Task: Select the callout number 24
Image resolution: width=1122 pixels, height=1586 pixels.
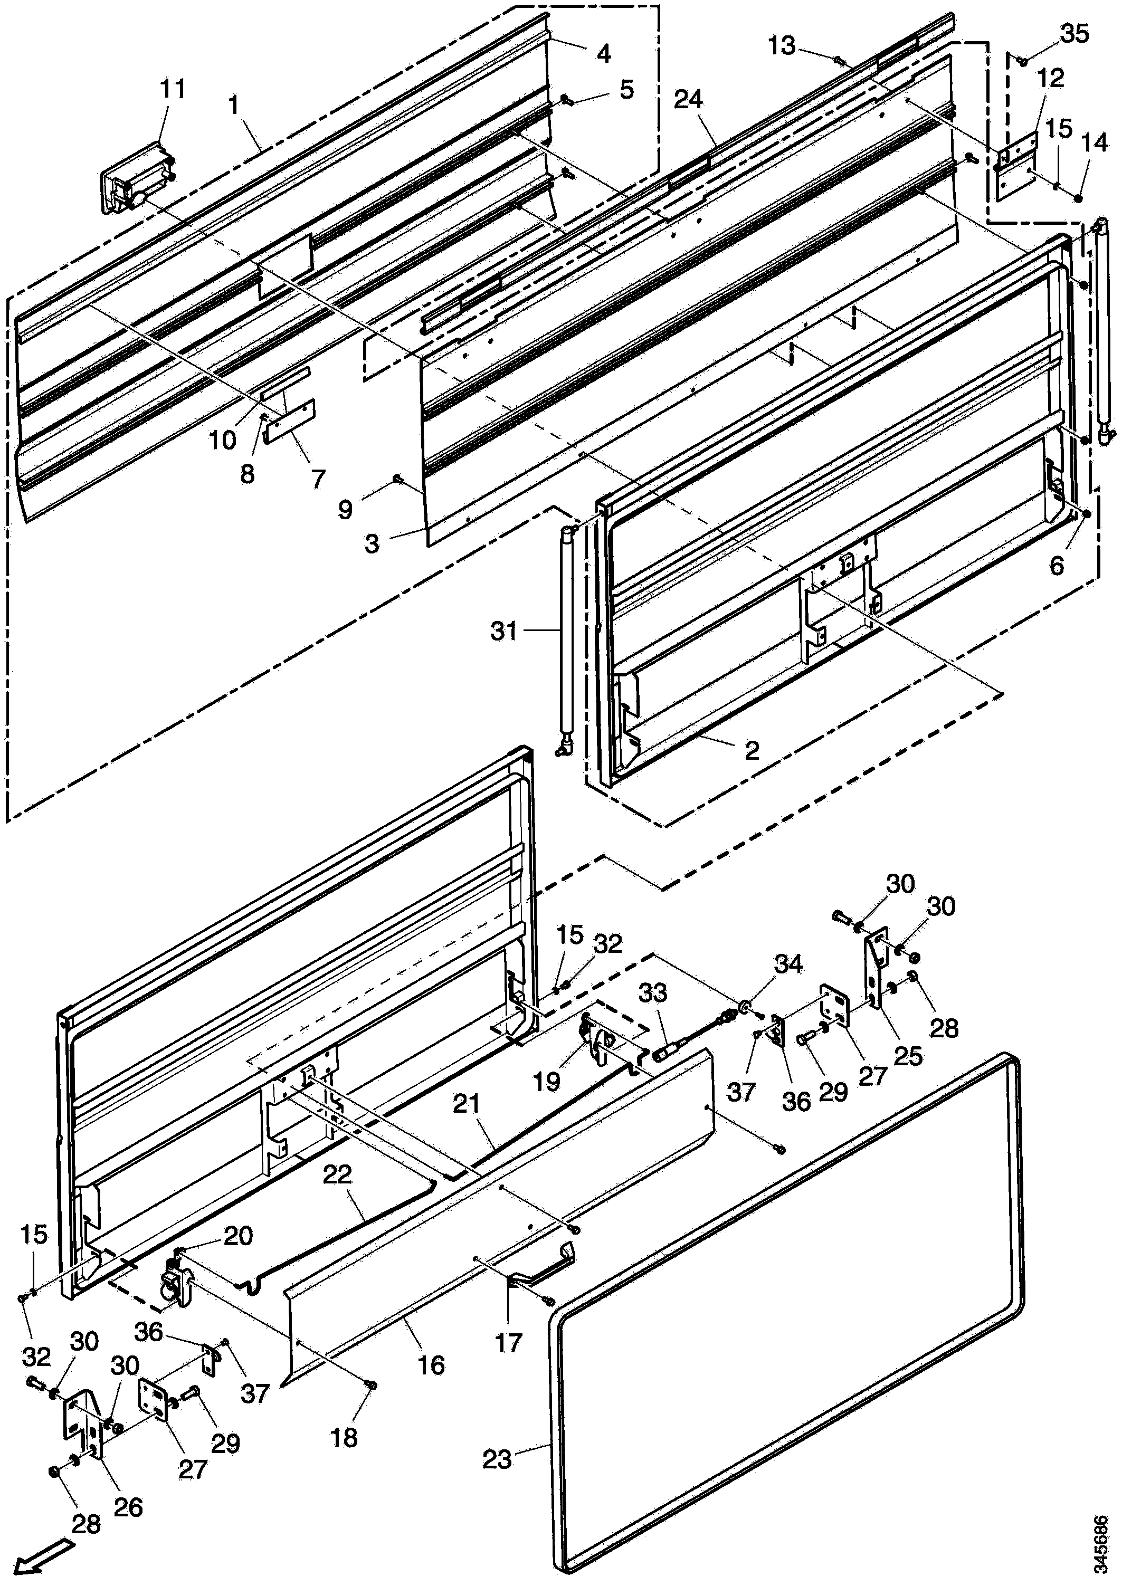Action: click(x=688, y=100)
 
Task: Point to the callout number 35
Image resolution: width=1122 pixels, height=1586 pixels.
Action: click(x=1075, y=34)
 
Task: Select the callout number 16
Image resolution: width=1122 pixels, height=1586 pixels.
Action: click(x=431, y=1365)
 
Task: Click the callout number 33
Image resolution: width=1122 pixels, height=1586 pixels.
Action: click(x=653, y=993)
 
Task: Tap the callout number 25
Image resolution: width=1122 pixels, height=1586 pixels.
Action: click(x=908, y=1056)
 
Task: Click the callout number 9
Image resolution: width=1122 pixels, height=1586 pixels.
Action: click(x=346, y=509)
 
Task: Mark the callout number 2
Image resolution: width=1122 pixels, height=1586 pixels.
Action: click(x=752, y=750)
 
